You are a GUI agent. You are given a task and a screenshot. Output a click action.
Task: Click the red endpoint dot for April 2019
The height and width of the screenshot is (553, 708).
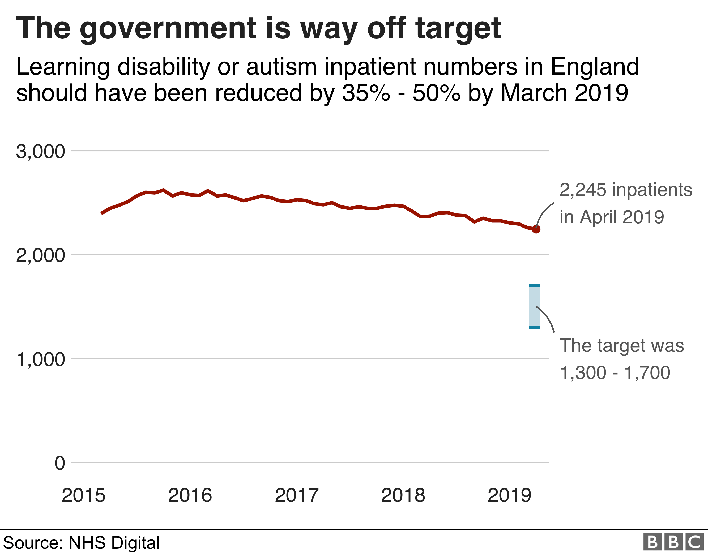536,229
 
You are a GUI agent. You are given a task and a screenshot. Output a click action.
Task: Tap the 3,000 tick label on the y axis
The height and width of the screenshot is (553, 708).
41,151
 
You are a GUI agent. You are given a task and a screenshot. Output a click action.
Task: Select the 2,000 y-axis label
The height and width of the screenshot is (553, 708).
41,255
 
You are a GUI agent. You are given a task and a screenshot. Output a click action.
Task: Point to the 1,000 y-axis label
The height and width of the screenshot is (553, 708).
41,359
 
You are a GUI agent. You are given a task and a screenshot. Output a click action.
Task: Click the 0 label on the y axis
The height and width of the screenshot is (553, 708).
60,463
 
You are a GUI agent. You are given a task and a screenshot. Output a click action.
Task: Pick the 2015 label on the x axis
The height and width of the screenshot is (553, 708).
84,495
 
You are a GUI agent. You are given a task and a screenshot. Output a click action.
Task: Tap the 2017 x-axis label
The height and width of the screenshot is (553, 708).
297,495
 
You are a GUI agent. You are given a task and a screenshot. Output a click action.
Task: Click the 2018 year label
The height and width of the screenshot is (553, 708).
403,495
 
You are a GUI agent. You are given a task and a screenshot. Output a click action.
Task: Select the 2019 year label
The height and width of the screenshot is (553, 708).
509,495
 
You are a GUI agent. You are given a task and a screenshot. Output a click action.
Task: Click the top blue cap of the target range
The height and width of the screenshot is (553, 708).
535,286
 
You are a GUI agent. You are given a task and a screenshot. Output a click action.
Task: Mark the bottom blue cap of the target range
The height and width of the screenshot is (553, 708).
535,327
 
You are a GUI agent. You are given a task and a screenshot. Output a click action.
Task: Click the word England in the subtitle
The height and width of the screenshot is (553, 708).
595,67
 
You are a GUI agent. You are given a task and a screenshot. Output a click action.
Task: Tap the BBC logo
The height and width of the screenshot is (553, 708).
673,542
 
